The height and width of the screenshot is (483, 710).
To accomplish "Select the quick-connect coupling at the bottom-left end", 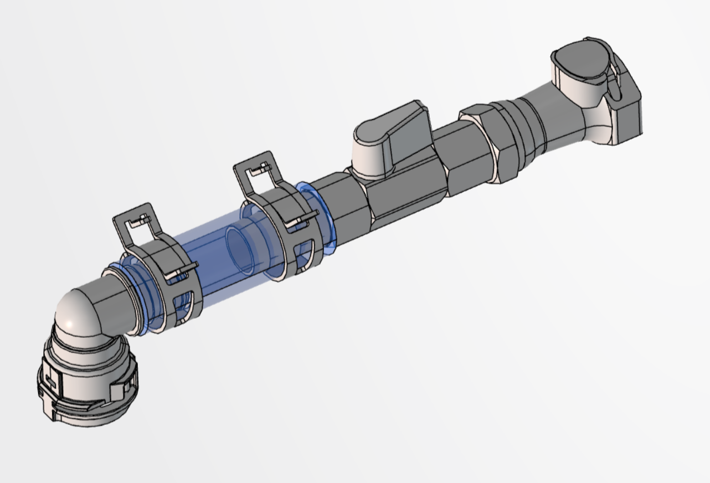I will [x=89, y=382].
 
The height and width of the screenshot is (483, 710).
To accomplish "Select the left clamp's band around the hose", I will [x=166, y=266].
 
